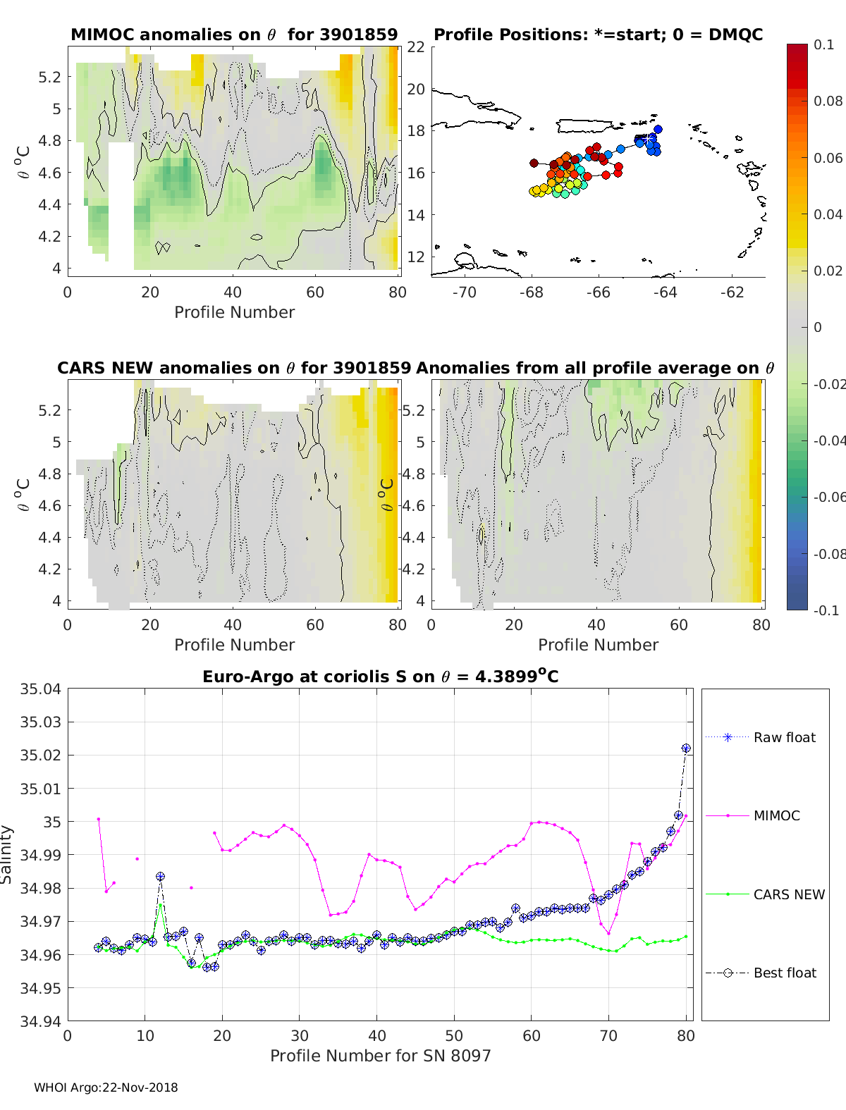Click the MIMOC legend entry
(x=776, y=815)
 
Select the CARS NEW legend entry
(x=788, y=894)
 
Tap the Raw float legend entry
(x=784, y=737)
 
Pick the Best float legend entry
(x=784, y=973)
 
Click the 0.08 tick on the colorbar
(x=828, y=101)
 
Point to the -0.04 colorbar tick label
(x=829, y=440)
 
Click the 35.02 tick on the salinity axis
(x=40, y=756)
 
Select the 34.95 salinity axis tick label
(x=40, y=988)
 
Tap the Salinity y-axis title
(x=7, y=854)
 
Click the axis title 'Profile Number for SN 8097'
(x=380, y=1056)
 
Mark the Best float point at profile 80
(x=686, y=748)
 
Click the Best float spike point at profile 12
(x=161, y=877)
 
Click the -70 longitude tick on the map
(x=465, y=292)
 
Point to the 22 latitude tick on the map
(x=416, y=47)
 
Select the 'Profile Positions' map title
(x=598, y=35)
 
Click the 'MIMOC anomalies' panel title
(x=234, y=35)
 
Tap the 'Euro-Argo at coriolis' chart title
(x=380, y=677)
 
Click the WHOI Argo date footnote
(x=106, y=1087)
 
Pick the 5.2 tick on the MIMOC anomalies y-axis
(x=50, y=77)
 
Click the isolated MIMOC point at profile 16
(x=191, y=888)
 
